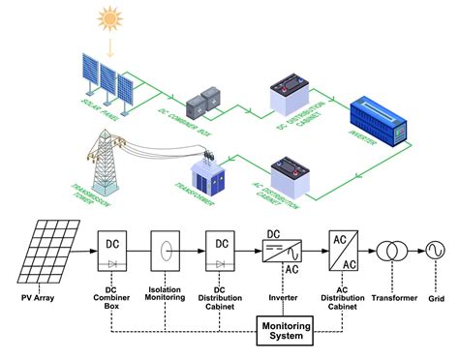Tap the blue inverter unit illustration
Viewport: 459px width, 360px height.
click(x=379, y=120)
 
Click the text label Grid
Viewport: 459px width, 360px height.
click(x=435, y=287)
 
